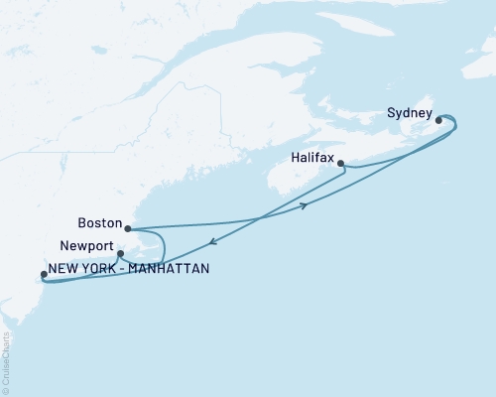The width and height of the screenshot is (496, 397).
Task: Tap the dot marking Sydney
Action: pos(438,123)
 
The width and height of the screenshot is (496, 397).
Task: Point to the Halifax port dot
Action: pos(340,164)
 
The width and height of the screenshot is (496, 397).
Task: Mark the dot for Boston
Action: pos(127,229)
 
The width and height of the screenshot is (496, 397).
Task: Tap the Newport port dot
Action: pos(120,253)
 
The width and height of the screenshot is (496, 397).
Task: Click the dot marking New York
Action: pos(43,275)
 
